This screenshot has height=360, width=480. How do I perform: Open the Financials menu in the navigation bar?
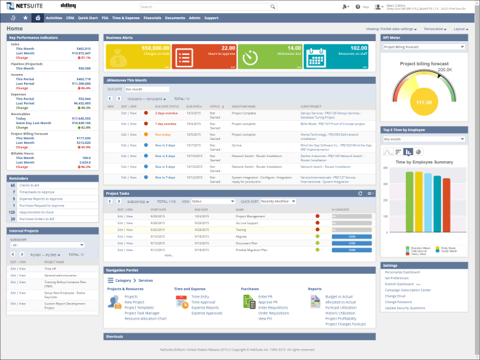[152, 18]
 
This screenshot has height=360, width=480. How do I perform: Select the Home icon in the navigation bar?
[37, 18]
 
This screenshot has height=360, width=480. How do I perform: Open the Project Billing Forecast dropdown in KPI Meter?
[424, 47]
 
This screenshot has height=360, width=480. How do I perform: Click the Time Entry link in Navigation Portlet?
[200, 297]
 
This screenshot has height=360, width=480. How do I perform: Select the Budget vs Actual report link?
[338, 297]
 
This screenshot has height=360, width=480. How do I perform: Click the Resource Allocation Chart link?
[145, 318]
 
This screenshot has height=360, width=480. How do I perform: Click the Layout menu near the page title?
[460, 29]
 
